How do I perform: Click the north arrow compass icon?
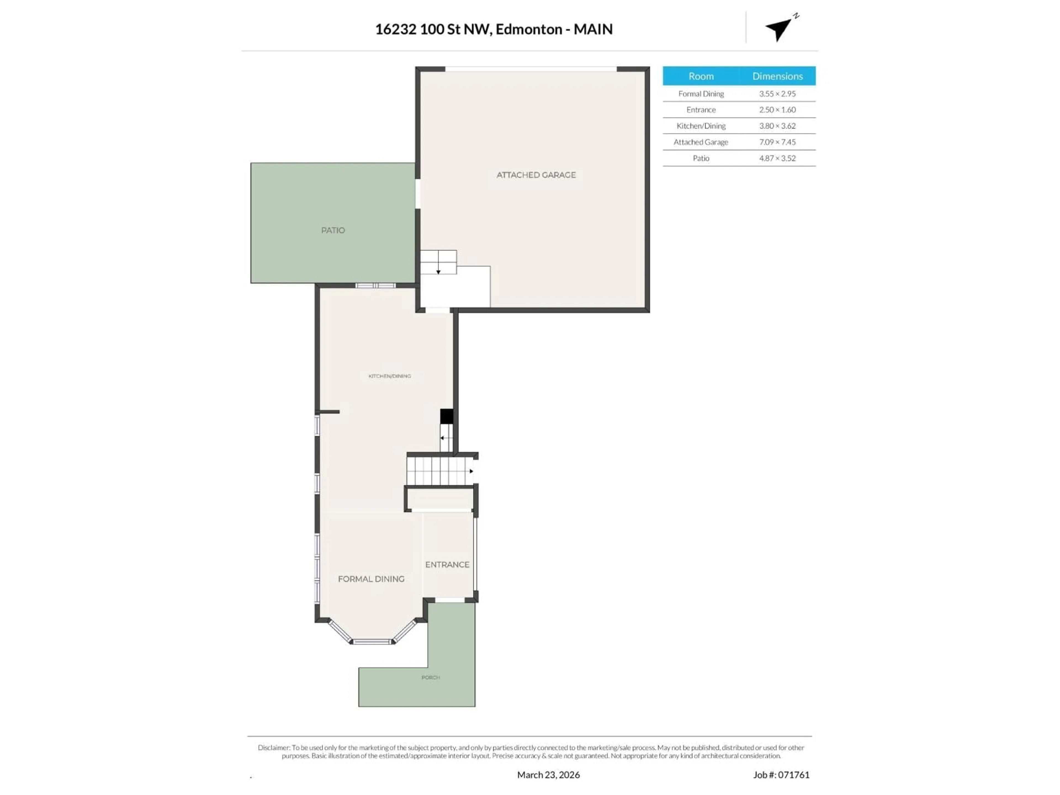click(780, 29)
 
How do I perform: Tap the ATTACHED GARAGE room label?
click(536, 175)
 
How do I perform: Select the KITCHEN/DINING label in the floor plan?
click(389, 376)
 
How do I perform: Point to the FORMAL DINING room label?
click(371, 579)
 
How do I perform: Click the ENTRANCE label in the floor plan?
click(447, 565)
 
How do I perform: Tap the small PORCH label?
click(430, 678)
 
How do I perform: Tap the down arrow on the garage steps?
click(438, 272)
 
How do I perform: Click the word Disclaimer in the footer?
click(273, 748)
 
